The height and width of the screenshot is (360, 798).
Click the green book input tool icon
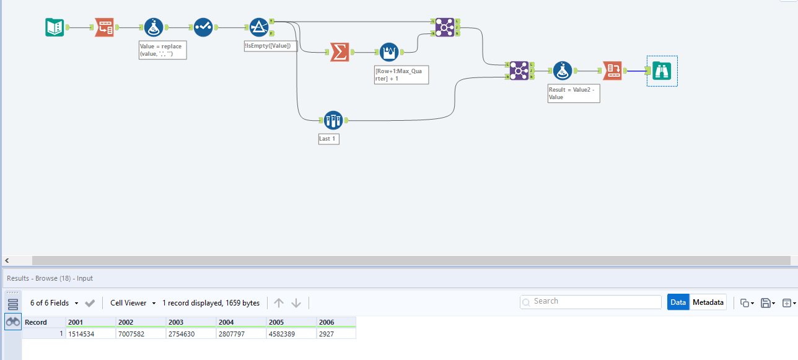click(55, 27)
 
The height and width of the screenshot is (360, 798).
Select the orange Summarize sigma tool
click(339, 52)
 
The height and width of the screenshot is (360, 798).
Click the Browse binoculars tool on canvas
click(662, 71)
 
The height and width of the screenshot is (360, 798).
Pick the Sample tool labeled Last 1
click(333, 120)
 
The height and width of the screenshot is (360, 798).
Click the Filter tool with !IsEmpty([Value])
click(258, 27)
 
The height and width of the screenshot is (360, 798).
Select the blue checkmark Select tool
click(203, 27)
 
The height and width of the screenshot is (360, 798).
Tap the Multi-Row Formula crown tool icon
click(388, 52)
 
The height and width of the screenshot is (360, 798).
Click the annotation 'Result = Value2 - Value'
click(574, 94)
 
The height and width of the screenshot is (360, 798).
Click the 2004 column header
click(241, 322)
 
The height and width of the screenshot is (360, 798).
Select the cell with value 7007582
click(141, 334)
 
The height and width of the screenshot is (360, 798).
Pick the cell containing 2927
click(336, 334)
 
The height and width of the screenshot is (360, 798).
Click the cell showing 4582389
click(291, 334)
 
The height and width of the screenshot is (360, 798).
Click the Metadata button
click(708, 302)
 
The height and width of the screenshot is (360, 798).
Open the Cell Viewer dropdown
click(133, 303)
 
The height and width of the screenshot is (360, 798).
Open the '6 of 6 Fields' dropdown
click(55, 303)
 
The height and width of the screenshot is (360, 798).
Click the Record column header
click(43, 322)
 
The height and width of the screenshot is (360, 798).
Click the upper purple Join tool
click(444, 27)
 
